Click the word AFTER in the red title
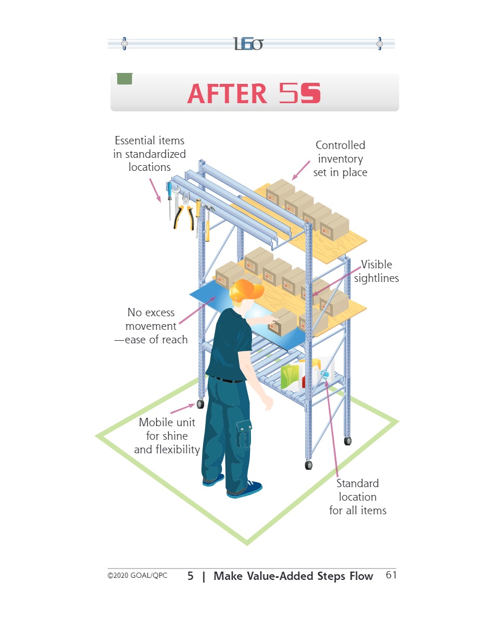(227, 94)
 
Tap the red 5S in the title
(300, 93)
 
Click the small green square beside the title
(124, 79)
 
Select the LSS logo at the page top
(248, 44)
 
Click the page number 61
(391, 575)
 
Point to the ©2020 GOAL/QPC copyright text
(137, 576)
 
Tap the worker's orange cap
(246, 290)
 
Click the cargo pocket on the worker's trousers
(244, 434)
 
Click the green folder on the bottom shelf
(290, 377)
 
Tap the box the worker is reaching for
(282, 322)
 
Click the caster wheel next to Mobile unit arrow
(200, 404)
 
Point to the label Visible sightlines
(376, 271)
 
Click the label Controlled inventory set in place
(341, 159)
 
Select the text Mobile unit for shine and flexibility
(167, 436)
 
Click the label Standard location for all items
(358, 497)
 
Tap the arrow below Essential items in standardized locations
(155, 190)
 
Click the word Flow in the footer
(361, 576)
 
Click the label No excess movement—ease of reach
(151, 326)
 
